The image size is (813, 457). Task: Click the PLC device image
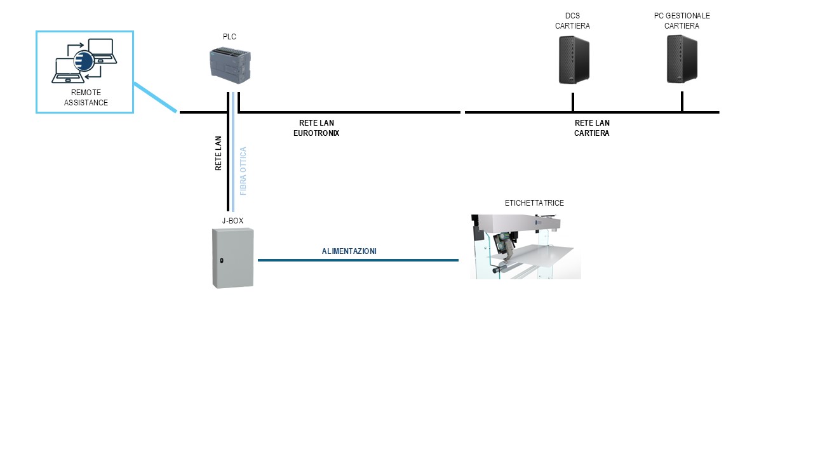[x=230, y=64]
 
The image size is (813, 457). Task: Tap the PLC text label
[x=229, y=37]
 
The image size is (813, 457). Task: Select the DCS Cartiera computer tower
[x=574, y=60]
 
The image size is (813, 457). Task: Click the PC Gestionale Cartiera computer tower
[x=682, y=59]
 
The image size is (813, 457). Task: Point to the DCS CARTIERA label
[x=572, y=21]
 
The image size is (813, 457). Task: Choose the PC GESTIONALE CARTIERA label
[x=682, y=20]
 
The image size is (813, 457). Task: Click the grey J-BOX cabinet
[x=232, y=258]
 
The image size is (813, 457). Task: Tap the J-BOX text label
[x=232, y=221]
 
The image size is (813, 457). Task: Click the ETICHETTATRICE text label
[x=534, y=203]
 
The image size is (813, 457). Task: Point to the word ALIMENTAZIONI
[x=349, y=251]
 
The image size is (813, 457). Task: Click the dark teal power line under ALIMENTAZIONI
[x=358, y=260]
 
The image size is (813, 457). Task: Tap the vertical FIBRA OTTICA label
[x=243, y=171]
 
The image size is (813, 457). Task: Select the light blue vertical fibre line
[x=233, y=152]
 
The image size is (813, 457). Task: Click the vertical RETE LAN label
[x=218, y=153]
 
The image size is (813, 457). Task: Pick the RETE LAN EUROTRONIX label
[x=316, y=128]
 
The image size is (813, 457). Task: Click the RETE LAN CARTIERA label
[x=592, y=128]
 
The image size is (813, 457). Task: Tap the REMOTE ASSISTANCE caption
[x=86, y=98]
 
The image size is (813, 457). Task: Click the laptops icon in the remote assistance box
[x=84, y=61]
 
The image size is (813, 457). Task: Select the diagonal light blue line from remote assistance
[x=154, y=97]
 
